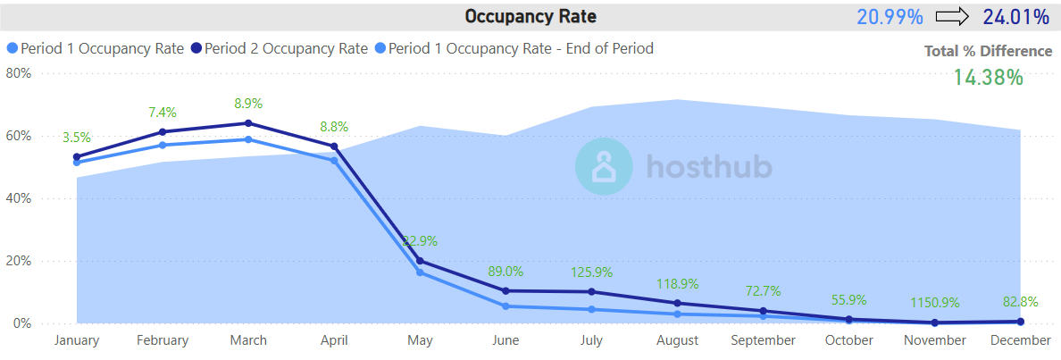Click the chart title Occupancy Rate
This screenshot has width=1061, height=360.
tap(530, 16)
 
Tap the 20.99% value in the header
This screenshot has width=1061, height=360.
tap(888, 16)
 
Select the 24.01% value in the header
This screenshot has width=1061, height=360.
tap(1015, 16)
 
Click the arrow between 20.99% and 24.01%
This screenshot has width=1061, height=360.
tap(952, 16)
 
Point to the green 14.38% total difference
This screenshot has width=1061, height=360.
tap(987, 77)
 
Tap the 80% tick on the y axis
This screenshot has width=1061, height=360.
tap(19, 73)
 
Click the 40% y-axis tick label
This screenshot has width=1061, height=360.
tap(19, 198)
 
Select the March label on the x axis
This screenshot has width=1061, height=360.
tap(248, 340)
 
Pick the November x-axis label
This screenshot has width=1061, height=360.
tap(935, 340)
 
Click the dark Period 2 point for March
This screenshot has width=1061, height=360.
tap(248, 123)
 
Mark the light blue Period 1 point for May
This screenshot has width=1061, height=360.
tap(420, 272)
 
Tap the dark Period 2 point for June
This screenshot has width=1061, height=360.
tap(506, 290)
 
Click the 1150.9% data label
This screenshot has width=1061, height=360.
tap(933, 303)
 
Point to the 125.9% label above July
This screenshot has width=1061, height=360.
tap(591, 272)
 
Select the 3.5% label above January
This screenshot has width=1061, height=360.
tap(77, 138)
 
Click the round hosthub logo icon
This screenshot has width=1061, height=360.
tap(603, 166)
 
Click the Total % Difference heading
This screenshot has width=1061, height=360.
tap(988, 51)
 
